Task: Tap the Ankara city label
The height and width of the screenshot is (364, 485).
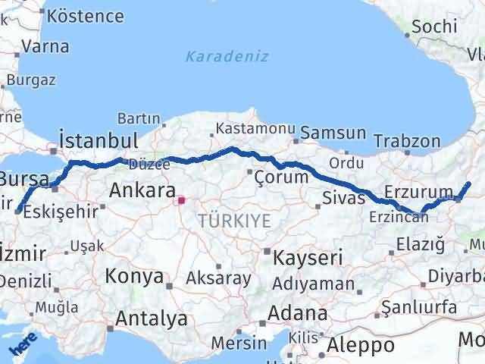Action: point(142,190)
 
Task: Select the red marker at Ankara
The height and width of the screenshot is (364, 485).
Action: point(180,201)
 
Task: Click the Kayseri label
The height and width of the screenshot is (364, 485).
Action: point(307,256)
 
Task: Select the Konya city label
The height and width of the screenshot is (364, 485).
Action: point(133,276)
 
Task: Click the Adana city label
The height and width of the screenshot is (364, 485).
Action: point(301,313)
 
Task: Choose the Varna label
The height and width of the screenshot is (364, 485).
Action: point(45,45)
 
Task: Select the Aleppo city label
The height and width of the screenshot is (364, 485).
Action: point(361,345)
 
